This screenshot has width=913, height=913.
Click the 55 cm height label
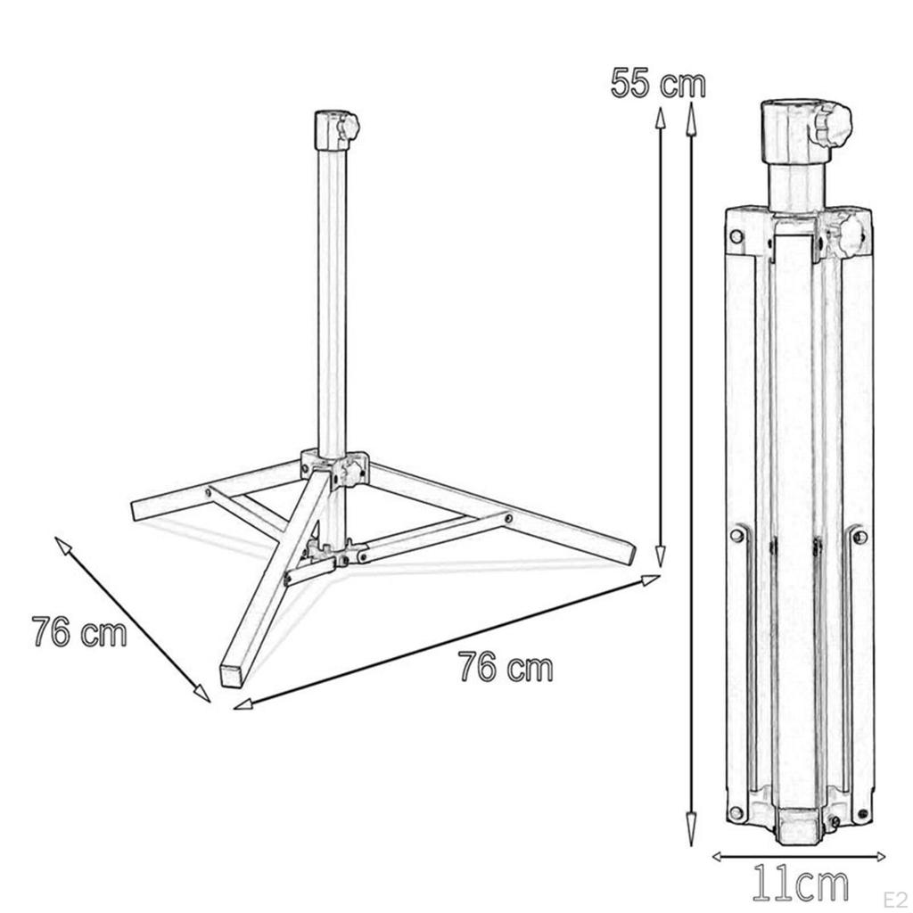(658, 84)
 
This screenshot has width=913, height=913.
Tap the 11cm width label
(800, 885)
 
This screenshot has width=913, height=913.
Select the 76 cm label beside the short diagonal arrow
(78, 632)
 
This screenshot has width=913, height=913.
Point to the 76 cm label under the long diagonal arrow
(506, 667)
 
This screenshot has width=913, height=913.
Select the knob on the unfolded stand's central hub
(357, 468)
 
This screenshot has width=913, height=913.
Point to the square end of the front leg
(231, 674)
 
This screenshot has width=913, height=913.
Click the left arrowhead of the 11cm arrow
(716, 857)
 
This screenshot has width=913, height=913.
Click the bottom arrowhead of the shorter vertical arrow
(660, 562)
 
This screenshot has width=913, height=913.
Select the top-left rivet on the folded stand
(736, 236)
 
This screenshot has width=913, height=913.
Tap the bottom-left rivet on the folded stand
(736, 812)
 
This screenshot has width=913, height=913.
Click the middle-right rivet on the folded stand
(859, 536)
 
